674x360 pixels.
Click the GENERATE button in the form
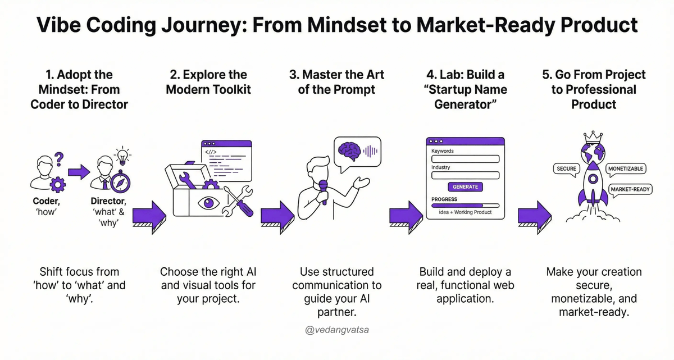tap(465, 186)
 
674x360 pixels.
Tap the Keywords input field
tap(465, 159)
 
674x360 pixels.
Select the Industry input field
tap(465, 175)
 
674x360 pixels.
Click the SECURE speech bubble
tap(566, 168)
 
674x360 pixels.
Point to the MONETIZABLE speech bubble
tap(626, 168)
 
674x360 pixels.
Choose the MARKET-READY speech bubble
tap(630, 189)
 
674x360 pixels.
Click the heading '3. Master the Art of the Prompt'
tap(336, 82)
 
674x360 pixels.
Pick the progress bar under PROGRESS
tap(465, 206)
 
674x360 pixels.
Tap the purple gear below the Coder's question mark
tap(58, 184)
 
